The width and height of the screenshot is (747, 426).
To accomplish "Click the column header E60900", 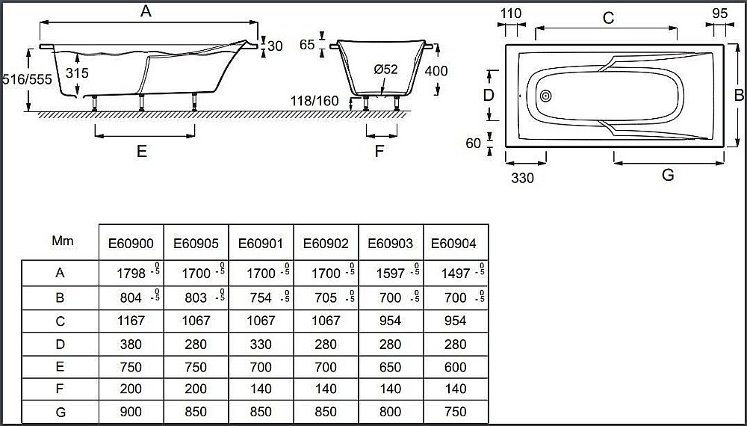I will (x=131, y=243).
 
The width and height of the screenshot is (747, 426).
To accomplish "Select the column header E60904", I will (x=454, y=243).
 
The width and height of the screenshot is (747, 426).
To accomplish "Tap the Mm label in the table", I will (x=61, y=241).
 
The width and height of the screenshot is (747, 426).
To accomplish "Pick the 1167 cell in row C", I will (x=131, y=321).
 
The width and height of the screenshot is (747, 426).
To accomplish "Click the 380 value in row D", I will (x=131, y=344).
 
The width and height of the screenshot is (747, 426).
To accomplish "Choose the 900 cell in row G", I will (x=131, y=411).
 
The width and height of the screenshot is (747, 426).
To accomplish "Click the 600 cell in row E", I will (x=454, y=367).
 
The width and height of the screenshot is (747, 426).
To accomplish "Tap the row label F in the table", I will (x=61, y=389).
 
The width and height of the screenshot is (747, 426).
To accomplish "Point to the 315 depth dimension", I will (x=76, y=73).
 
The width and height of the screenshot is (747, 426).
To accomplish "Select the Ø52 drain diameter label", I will (x=385, y=69).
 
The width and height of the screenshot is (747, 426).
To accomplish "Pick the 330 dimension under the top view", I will (x=523, y=178).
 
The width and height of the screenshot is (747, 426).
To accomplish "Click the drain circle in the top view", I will (x=546, y=96).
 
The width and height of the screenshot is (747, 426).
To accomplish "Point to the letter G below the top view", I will (x=668, y=175).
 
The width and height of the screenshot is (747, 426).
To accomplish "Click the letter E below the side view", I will (x=142, y=152).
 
